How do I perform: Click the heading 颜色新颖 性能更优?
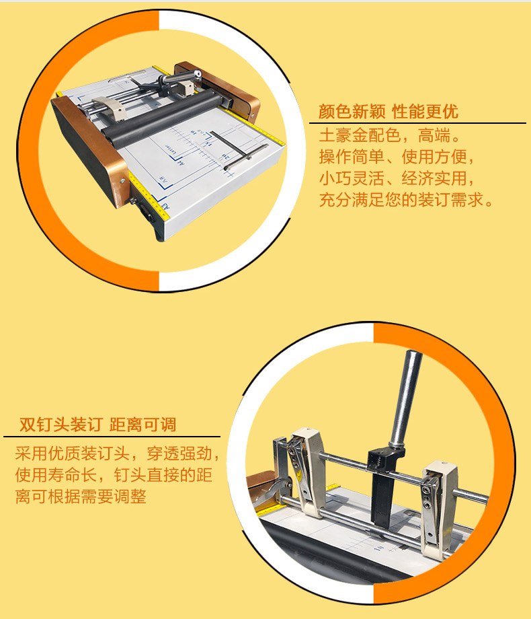coord(389,111)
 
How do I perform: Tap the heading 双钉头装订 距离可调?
coord(98,425)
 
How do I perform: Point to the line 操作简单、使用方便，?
coord(398,157)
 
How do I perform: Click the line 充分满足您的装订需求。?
coord(407,200)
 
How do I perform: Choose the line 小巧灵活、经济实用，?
coord(398,178)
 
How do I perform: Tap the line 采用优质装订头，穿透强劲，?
coord(118,453)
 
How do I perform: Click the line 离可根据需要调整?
coord(81,497)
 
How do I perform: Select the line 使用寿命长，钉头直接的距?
coord(114,475)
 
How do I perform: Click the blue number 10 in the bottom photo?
coord(378,548)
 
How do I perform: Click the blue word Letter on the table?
coord(169,150)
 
